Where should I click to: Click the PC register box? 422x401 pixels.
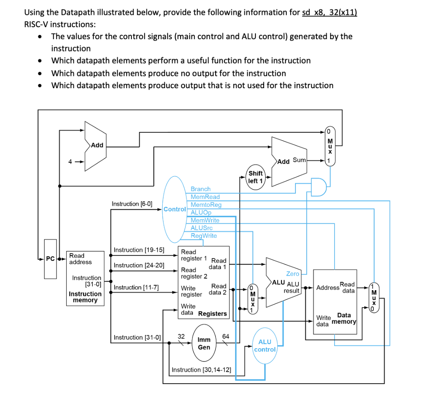point(50,259)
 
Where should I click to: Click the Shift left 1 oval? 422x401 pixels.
point(256,177)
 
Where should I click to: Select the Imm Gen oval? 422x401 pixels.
point(204,343)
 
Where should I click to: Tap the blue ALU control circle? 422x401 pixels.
point(265,345)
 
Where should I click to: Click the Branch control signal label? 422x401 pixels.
point(200,189)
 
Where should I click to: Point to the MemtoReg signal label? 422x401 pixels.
point(206,205)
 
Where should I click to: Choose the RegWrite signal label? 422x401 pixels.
point(204,236)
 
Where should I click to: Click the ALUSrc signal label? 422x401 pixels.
point(202,228)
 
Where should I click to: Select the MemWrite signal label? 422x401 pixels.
point(205,220)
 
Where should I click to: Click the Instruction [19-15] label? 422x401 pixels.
point(139,250)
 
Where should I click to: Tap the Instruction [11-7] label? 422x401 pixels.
point(137,287)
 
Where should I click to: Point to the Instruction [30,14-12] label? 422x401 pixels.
point(201,369)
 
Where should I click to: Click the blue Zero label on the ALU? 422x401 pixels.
point(293,274)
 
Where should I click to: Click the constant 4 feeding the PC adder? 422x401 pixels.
point(70,162)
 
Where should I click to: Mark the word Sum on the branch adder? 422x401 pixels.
point(299,160)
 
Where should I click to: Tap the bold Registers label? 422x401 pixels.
point(213,314)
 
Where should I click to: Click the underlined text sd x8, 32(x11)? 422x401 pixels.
point(330,12)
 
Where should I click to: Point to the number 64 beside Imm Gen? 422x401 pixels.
point(226,336)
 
